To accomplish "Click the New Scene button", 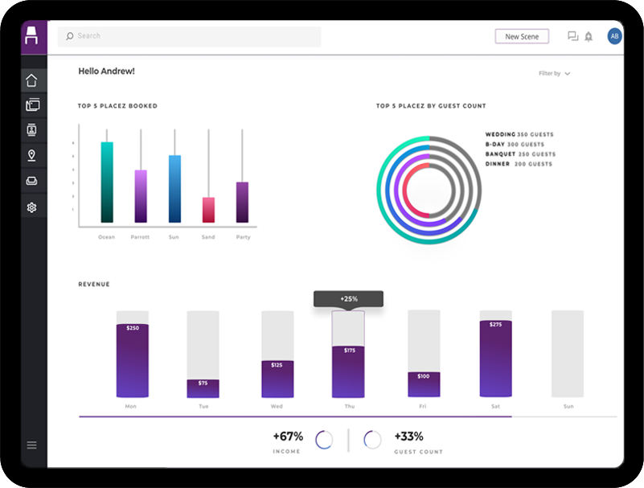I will coord(522,36).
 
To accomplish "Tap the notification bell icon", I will coord(589,36).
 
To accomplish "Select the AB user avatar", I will coord(614,36).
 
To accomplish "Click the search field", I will coord(189,36).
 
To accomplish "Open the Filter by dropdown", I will coord(554,73).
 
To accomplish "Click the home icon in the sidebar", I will coord(32,80).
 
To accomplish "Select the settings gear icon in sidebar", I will coord(32,207).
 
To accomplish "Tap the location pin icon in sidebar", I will coord(32,155).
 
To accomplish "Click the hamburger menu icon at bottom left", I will coord(32,445).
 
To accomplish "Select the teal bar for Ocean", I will coord(107,182).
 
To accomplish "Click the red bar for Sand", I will coord(208,209).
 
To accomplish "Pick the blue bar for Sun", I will coord(174,188).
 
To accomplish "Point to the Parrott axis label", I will coord(140,237).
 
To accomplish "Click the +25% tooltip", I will coord(348,298).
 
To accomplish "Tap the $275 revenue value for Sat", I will coord(495,325).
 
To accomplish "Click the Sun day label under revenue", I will coord(568,407).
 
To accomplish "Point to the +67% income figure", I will coord(287,437).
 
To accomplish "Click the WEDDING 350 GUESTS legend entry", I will coord(519,134).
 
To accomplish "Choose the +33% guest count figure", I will coord(408,437).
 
